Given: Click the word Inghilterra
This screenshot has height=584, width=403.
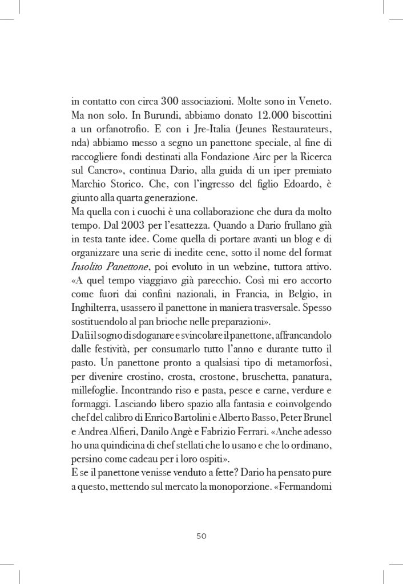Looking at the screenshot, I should click(x=95, y=323).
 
